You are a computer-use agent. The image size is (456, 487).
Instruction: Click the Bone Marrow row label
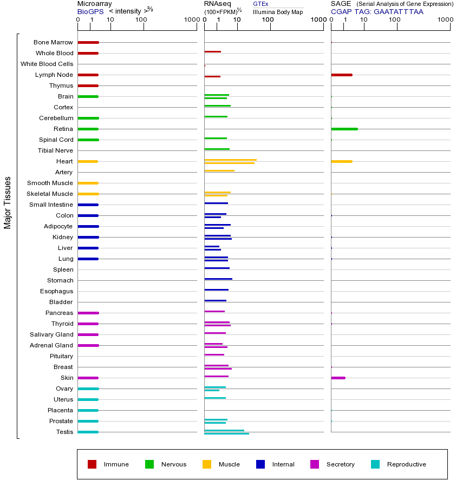pos(53,42)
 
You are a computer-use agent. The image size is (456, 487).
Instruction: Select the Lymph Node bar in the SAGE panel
pos(341,75)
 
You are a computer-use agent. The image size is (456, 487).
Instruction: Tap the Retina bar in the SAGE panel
pos(344,129)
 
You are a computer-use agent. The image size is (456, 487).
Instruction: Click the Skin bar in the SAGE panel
pos(338,378)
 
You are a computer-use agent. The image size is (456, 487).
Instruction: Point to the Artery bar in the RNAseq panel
pos(219,170)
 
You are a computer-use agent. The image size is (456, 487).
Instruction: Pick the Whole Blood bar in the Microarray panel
pos(88,53)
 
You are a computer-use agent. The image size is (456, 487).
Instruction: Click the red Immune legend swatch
pos(92,464)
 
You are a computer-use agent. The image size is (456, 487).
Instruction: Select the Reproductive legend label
pos(406,464)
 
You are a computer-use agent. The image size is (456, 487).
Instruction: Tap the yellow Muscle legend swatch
pos(207,464)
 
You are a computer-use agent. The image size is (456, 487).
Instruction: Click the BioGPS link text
pos(90,11)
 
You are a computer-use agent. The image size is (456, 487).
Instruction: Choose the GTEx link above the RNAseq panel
pos(260,4)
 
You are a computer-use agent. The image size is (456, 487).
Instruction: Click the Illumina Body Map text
pos(278,11)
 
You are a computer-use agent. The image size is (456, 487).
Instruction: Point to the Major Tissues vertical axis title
pos(8,202)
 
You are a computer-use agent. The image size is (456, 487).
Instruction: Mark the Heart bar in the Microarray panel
pos(88,161)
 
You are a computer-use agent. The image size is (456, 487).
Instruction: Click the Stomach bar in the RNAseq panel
pos(218,279)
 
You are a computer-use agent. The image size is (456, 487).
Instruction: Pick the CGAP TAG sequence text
pos(377,11)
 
